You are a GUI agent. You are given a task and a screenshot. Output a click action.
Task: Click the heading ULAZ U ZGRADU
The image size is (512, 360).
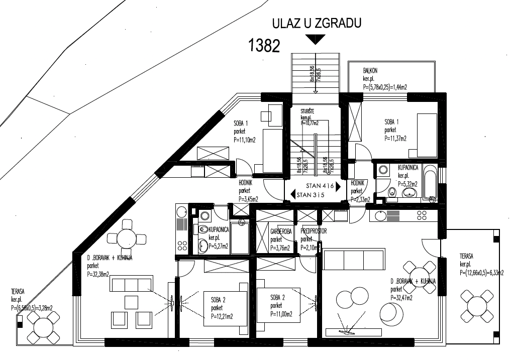[x=317, y=23]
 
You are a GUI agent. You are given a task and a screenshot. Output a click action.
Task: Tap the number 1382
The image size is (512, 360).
[x=264, y=46]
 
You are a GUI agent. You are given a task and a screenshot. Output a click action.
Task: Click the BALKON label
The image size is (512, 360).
[x=370, y=71]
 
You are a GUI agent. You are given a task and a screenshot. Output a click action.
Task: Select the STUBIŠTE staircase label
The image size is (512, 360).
[x=309, y=111]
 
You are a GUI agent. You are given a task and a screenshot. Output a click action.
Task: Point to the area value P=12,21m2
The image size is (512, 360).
[x=222, y=316]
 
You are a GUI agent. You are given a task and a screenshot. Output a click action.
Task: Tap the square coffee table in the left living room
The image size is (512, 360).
[x=131, y=302]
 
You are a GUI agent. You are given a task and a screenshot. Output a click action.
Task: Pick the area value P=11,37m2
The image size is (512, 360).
[x=395, y=139]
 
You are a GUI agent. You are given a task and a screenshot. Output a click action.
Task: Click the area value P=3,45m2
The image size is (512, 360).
[x=248, y=199]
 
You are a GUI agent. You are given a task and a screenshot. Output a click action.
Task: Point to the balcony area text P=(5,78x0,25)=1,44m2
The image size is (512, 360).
[x=384, y=87]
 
